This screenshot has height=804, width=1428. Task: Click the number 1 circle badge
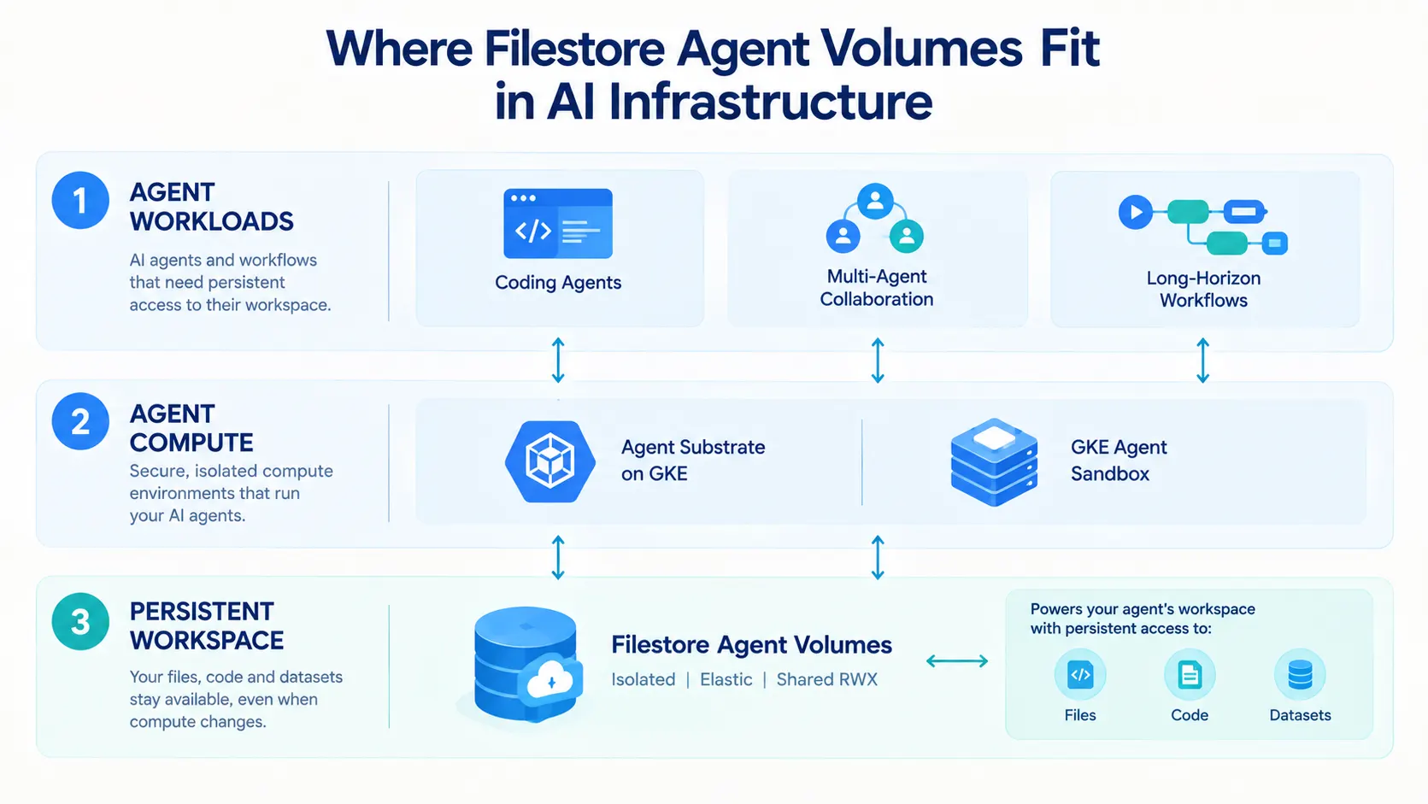(80, 200)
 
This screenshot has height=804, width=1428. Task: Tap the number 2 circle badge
(80, 421)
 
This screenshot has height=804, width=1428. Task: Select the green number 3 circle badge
(80, 622)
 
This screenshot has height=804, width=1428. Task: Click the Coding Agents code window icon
(558, 223)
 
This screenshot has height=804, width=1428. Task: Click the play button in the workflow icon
(1136, 212)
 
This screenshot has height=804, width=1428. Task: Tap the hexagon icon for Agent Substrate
(550, 461)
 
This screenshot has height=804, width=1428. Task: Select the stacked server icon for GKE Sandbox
(994, 462)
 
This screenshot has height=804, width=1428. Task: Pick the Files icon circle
(1080, 675)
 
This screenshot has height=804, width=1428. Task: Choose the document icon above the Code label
(1190, 675)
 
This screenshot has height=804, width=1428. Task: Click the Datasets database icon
(1300, 675)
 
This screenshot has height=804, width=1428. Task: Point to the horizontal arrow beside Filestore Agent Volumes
(957, 661)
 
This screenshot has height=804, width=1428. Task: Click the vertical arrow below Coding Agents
(558, 361)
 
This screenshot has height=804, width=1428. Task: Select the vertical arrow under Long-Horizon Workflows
(1203, 361)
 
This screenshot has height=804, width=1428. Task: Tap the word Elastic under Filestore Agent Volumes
(726, 679)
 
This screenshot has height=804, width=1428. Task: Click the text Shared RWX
(827, 679)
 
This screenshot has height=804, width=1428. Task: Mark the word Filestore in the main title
(574, 49)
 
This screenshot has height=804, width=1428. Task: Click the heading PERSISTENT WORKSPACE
(207, 625)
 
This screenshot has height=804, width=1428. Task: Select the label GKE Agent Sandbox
(1119, 461)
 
